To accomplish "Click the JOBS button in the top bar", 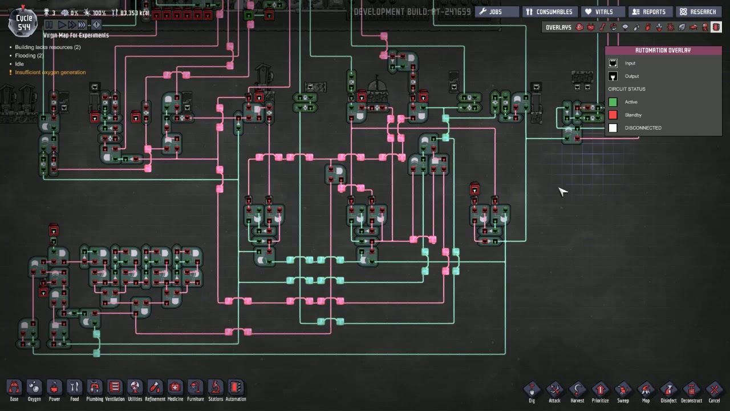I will (497, 11).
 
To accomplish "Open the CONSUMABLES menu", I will (549, 11).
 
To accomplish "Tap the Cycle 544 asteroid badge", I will (24, 22).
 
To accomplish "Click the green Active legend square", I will (613, 102).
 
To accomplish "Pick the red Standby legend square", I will (613, 115).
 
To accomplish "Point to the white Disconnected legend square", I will (613, 128).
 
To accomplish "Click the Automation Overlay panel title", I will (663, 50).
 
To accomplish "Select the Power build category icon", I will (54, 388).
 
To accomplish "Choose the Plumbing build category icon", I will (95, 388).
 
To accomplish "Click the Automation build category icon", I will (236, 388).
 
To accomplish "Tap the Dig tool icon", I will (532, 390).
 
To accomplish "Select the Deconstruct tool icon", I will (691, 390).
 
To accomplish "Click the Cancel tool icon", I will (714, 390).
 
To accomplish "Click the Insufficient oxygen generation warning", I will (50, 72).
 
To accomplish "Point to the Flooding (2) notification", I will (29, 56).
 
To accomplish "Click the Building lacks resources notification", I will (48, 47).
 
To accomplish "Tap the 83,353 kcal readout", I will (134, 13).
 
